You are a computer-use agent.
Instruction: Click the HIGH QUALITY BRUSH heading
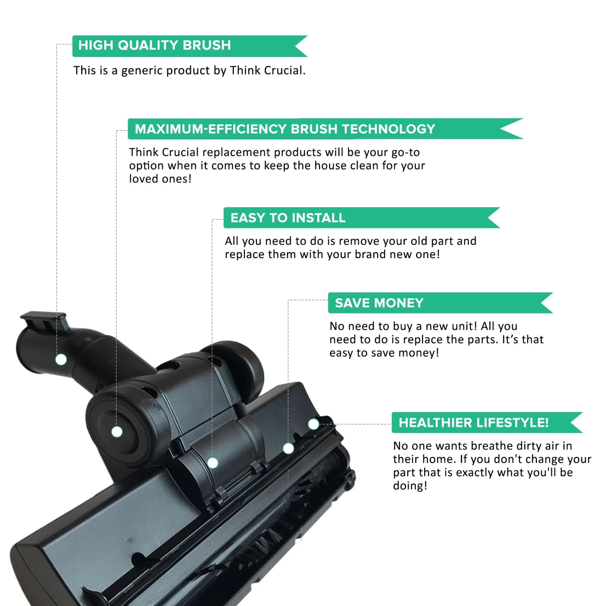click(x=154, y=45)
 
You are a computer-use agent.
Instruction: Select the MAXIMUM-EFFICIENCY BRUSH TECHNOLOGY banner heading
click(x=285, y=129)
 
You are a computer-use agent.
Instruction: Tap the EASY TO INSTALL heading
click(x=288, y=218)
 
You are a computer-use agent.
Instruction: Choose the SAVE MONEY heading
click(x=379, y=303)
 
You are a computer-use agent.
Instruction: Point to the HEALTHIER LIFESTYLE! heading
click(x=473, y=423)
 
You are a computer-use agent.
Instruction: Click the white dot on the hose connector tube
click(x=61, y=359)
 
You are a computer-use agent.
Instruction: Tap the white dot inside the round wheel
click(x=117, y=432)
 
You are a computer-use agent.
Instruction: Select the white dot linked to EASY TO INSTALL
click(x=213, y=463)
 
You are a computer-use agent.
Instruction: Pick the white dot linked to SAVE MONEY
click(x=288, y=448)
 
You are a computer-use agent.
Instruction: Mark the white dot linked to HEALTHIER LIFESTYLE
click(x=314, y=424)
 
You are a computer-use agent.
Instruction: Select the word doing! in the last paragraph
click(x=410, y=486)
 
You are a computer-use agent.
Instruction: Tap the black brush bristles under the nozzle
click(x=263, y=549)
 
